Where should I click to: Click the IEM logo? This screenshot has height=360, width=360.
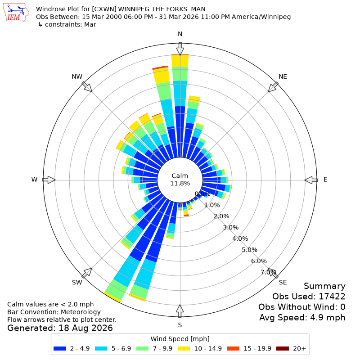[16, 13]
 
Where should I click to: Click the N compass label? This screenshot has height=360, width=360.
[180, 34]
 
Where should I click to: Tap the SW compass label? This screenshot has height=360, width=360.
[77, 283]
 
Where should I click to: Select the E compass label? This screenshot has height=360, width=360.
[325, 180]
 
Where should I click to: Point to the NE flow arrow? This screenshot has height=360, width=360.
[273, 87]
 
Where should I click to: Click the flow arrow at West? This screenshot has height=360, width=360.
[49, 180]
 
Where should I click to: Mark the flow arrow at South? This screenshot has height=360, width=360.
[180, 311]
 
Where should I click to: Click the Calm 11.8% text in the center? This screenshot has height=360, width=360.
[180, 180]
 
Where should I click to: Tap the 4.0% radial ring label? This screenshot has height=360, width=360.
[240, 238]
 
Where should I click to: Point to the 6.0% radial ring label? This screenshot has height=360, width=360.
[259, 261]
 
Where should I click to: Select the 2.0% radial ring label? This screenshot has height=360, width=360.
[221, 216]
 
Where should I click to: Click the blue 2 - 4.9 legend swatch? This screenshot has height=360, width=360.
[60, 348]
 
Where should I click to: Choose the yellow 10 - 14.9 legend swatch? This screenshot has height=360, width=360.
[184, 348]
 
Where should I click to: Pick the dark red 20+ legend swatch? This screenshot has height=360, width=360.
[283, 348]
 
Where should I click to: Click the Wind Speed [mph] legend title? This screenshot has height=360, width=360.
[180, 339]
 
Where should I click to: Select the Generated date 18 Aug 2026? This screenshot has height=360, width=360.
[85, 328]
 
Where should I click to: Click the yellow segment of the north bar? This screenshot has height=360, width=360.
[180, 61]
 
